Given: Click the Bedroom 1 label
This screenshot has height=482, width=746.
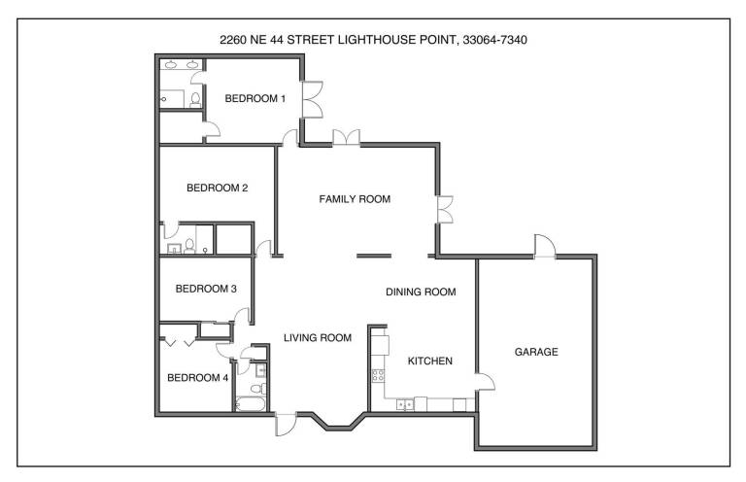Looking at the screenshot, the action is click(255, 98).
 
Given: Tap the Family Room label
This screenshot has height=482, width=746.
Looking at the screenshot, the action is click(355, 199).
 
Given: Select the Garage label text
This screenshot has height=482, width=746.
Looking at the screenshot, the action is click(536, 352).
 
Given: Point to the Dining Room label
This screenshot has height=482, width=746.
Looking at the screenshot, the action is click(421, 292).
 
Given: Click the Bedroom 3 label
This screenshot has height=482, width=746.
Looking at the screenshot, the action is click(206, 289).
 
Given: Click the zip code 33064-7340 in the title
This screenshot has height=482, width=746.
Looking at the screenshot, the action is click(494, 40).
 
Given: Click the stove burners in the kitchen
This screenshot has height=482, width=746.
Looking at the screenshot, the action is click(378, 375).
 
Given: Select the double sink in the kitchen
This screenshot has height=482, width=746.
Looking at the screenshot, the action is click(405, 404).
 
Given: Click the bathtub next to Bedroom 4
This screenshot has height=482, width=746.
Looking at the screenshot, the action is click(251, 404).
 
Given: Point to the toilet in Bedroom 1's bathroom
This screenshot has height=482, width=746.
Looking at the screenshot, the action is click(195, 100).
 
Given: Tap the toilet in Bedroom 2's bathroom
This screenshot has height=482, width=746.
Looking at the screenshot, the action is click(189, 246).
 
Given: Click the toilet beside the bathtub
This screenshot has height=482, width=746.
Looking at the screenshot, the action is click(259, 389).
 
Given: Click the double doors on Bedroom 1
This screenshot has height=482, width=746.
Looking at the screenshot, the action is click(313, 99).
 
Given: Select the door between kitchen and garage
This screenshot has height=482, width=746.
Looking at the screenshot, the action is click(486, 382).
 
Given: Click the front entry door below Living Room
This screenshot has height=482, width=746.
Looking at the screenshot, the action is click(286, 425).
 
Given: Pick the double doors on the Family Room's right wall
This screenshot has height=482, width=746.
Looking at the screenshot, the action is click(445, 209).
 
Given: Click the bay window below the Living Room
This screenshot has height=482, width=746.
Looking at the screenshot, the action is click(338, 422).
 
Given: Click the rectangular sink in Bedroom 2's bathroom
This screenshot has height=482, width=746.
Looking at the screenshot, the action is click(174, 248).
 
